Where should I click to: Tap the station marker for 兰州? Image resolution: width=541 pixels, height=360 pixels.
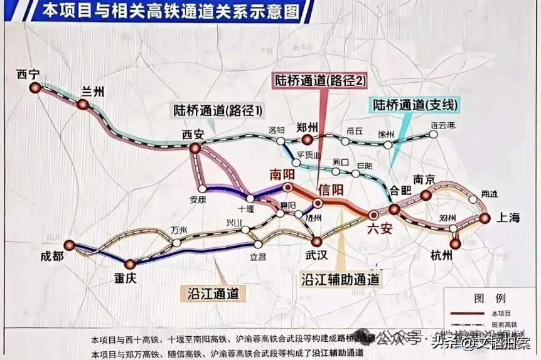point(83,104)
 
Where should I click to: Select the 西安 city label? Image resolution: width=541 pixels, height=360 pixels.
point(193,134)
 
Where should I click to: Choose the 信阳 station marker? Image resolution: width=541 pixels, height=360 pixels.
point(318,203)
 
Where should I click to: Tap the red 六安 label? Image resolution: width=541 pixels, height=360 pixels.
point(380,228)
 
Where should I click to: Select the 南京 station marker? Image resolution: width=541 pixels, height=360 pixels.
point(426,195)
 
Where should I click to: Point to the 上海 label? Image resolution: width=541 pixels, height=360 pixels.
point(508,218)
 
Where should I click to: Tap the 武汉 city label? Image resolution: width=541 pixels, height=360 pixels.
point(317,255)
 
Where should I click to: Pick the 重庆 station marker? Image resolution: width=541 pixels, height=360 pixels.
point(130,264)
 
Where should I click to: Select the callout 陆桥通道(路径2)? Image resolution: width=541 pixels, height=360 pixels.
point(319,80)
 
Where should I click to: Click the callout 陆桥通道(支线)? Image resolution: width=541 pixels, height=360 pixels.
point(415,105)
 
